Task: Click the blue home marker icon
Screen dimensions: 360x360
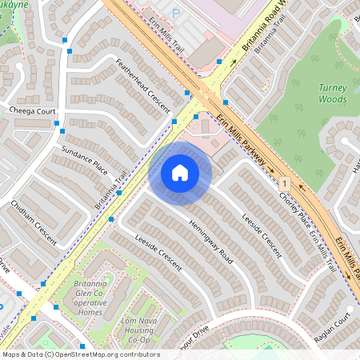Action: point(180,172)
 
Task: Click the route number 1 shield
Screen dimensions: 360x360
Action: point(284,184)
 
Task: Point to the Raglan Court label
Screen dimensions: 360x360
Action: point(334,327)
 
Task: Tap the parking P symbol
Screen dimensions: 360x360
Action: point(176,13)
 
